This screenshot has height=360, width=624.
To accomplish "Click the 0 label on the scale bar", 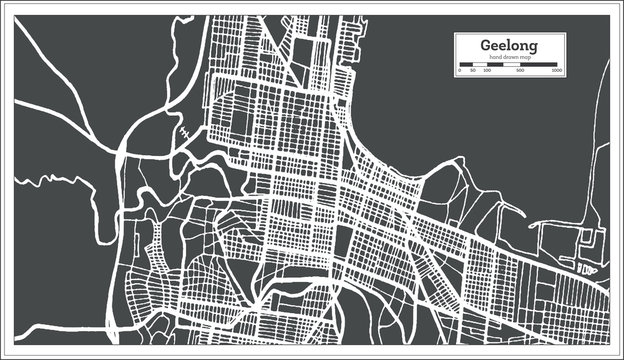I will tap(459, 71).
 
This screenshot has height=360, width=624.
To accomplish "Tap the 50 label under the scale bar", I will tap(473, 71).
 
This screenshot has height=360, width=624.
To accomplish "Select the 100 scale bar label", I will tap(487, 71).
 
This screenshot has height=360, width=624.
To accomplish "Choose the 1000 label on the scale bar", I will tap(557, 71).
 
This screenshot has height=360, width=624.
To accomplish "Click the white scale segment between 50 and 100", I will tap(480, 65).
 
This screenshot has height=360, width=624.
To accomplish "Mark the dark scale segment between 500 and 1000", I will tap(538, 65).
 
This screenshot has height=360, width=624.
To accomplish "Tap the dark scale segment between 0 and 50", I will tap(466, 65).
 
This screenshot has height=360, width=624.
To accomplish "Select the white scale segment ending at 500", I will tap(502, 65).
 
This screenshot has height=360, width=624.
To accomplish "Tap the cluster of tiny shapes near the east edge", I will tap(587, 268).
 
